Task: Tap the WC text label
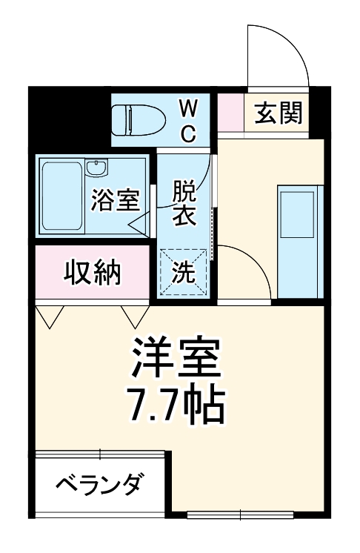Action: (x=188, y=122)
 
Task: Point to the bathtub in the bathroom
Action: (x=61, y=196)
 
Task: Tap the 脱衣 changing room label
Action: (x=184, y=203)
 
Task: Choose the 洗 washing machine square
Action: (x=183, y=273)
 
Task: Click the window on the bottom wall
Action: (x=240, y=514)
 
